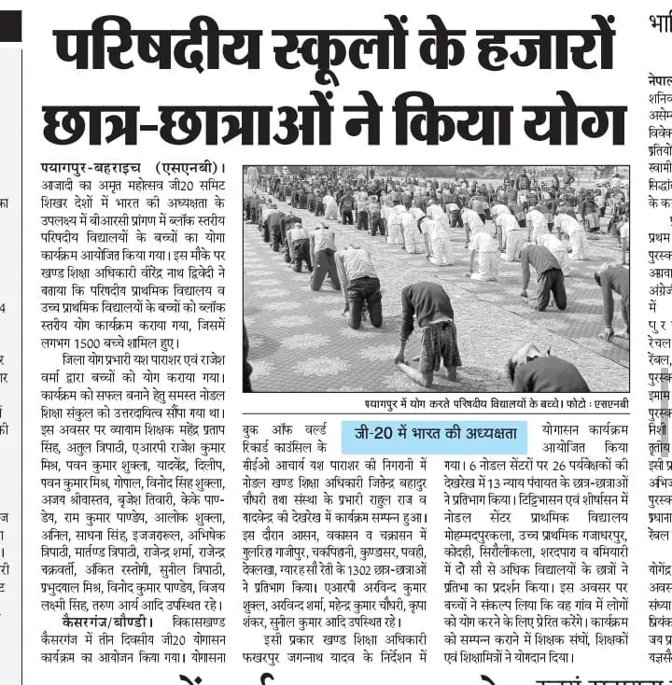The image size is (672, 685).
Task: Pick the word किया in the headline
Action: coord(456,119)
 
